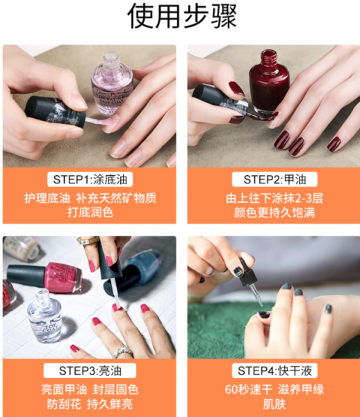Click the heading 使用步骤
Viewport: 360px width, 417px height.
tap(182, 16)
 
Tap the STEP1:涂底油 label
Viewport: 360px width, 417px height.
tap(90, 179)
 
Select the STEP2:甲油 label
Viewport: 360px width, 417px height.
tap(275, 179)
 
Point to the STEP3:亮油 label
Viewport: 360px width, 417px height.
tap(90, 370)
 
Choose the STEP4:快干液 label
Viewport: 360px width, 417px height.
tap(275, 370)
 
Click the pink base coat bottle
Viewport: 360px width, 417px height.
tap(112, 84)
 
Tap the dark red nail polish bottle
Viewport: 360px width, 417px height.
tap(269, 81)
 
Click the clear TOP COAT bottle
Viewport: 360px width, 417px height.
tap(44, 316)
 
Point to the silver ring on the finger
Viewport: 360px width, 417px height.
tap(122, 352)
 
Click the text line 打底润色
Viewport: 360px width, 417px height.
tap(90, 213)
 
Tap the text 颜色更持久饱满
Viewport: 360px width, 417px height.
tap(275, 213)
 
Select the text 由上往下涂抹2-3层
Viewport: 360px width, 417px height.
tap(275, 198)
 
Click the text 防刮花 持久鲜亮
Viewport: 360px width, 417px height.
tap(90, 404)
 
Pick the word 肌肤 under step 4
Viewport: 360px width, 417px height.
tap(275, 404)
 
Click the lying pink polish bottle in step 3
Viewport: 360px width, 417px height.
tap(44, 277)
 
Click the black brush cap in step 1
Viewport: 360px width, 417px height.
tap(56, 112)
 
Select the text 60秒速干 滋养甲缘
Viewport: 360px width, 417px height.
tap(275, 390)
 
